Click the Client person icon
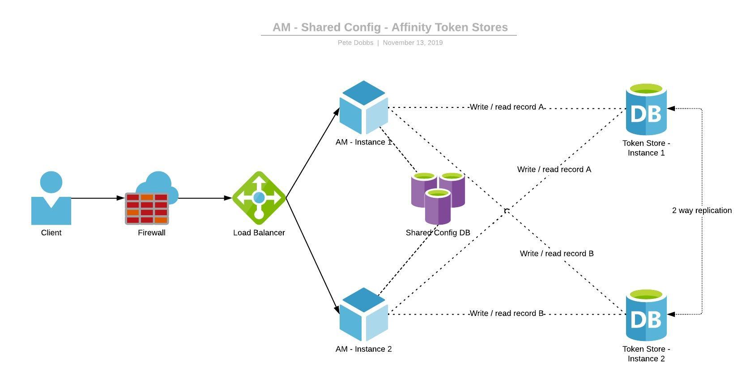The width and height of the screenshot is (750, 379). (x=51, y=199)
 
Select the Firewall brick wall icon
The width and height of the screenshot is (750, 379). (x=147, y=208)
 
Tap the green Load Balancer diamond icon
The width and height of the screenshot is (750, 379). (x=259, y=198)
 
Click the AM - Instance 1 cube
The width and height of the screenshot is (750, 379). (x=363, y=108)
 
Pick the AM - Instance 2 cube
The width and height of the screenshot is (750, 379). (x=363, y=315)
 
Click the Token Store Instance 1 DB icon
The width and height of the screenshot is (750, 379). (x=646, y=109)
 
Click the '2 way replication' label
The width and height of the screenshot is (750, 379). (x=702, y=210)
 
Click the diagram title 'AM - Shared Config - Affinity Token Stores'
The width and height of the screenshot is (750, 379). (x=390, y=27)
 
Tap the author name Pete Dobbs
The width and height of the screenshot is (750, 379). (x=355, y=43)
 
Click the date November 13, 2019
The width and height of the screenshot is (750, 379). (x=413, y=43)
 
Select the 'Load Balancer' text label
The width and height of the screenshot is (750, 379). (x=259, y=233)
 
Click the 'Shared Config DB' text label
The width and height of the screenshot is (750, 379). (x=438, y=233)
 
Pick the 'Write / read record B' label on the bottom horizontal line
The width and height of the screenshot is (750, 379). (x=507, y=313)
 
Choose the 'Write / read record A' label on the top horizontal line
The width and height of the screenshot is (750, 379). (x=507, y=107)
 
